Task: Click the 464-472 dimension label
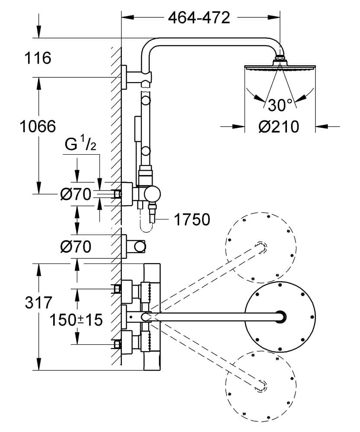tap(199, 18)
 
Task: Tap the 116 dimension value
tap(38, 58)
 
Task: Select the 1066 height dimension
tap(38, 127)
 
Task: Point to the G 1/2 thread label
tap(80, 145)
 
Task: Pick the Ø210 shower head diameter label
tap(279, 127)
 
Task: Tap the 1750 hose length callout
tap(192, 219)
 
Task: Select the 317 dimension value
tap(38, 302)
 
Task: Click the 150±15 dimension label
tap(76, 320)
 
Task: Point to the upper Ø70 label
tap(76, 194)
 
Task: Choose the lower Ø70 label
tap(76, 247)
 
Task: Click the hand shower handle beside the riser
tap(137, 129)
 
